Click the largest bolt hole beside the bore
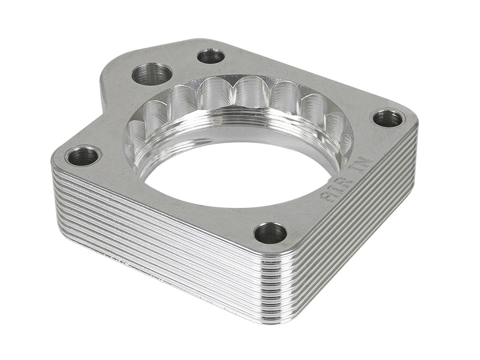point(152,74)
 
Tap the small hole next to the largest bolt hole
point(210,55)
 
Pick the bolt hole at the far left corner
point(82,156)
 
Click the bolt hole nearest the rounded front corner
point(270,233)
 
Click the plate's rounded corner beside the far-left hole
point(57,157)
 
